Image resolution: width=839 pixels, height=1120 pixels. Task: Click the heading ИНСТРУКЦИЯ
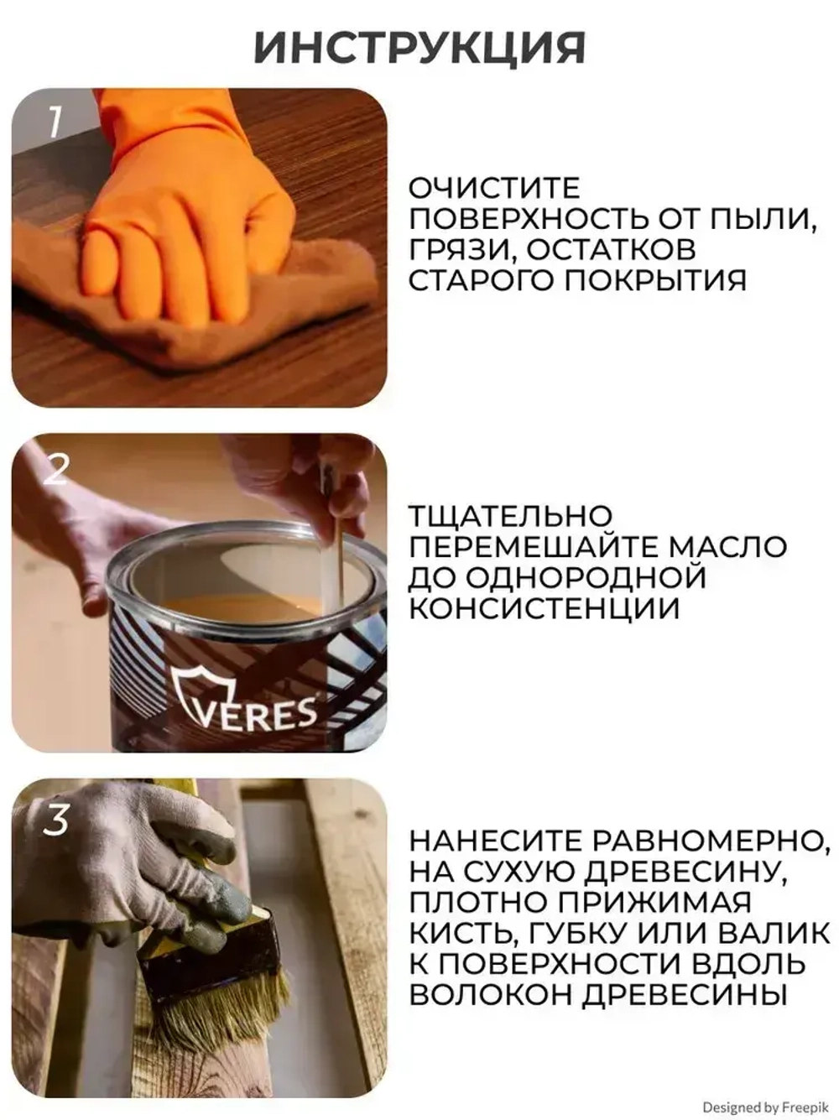[419, 48]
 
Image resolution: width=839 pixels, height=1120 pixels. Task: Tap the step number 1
[55, 122]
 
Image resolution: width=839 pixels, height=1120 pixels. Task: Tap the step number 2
[55, 470]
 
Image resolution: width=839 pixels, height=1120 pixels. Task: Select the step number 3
[55, 819]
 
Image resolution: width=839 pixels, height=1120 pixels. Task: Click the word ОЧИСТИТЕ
[494, 188]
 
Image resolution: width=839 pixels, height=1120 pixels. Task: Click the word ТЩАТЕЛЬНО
[510, 516]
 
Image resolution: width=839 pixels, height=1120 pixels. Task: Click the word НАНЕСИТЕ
[495, 841]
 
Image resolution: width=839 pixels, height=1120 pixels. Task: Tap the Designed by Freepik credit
[764, 1107]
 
